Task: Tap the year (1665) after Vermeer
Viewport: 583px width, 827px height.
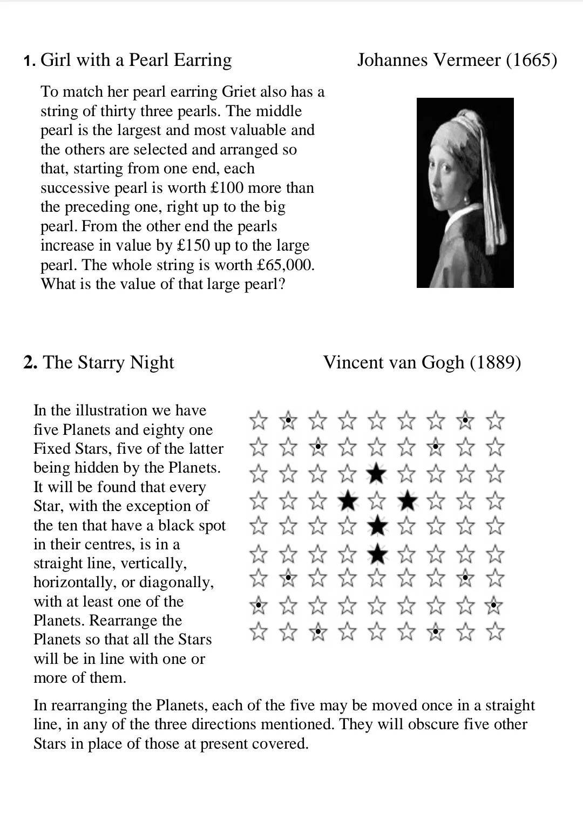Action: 531,59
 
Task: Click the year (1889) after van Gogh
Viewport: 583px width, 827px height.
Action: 495,362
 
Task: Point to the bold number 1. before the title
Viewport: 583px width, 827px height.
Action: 30,60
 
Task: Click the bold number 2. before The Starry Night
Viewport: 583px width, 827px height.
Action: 30,362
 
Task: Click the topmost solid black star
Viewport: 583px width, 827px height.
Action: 377,474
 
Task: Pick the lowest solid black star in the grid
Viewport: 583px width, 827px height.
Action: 377,554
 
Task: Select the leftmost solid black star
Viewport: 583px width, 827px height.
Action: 348,501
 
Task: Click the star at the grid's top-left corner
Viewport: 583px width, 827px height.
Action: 259,420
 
